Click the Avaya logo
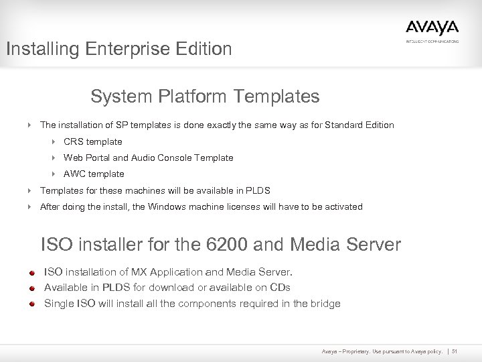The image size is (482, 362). pyautogui.click(x=432, y=28)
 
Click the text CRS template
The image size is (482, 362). pyautogui.click(x=92, y=141)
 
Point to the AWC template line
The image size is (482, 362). pyautogui.click(x=94, y=174)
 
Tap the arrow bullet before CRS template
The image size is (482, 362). pyautogui.click(x=53, y=141)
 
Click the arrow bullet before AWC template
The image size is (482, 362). pyautogui.click(x=53, y=174)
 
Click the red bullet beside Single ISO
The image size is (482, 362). pyautogui.click(x=31, y=304)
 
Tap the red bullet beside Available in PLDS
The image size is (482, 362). pyautogui.click(x=31, y=288)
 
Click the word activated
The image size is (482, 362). pyautogui.click(x=342, y=206)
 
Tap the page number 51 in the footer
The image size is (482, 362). pyautogui.click(x=455, y=352)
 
